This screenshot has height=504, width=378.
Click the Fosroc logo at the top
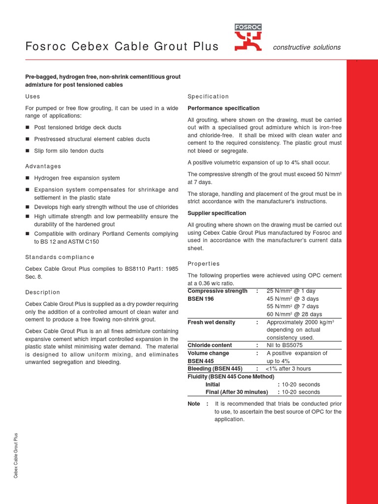(248, 38)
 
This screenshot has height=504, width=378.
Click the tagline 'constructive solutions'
(307, 47)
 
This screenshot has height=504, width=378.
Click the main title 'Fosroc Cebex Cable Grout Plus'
(122, 47)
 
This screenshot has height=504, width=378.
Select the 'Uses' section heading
(32, 96)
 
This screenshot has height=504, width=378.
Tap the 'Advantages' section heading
(43, 166)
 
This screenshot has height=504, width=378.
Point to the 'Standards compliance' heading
(60, 257)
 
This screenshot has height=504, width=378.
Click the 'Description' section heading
(43, 292)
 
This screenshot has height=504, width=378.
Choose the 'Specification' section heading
(208, 96)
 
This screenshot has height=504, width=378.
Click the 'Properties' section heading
(204, 264)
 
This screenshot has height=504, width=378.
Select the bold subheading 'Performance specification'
(223, 108)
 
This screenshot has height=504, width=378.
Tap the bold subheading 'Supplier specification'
(217, 213)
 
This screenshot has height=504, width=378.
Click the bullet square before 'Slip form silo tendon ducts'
(28, 151)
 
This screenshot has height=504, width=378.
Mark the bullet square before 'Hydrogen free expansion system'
(28, 178)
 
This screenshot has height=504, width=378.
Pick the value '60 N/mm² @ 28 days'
(294, 314)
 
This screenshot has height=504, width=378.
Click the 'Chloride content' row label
(210, 345)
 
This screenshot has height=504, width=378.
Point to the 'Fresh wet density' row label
(211, 322)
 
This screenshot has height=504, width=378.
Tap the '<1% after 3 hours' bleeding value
(288, 369)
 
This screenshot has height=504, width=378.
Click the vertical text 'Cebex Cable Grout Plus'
(16, 455)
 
